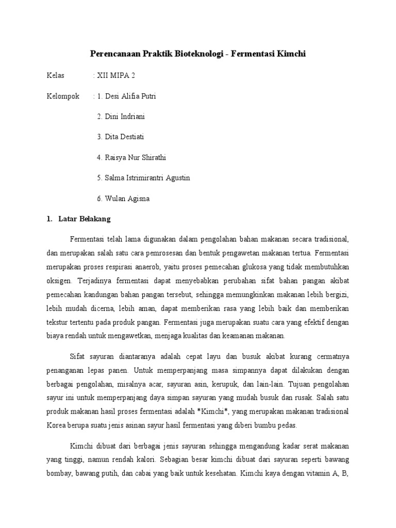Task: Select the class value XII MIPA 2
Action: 115,75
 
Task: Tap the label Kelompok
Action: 63,96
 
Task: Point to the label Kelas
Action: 55,75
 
